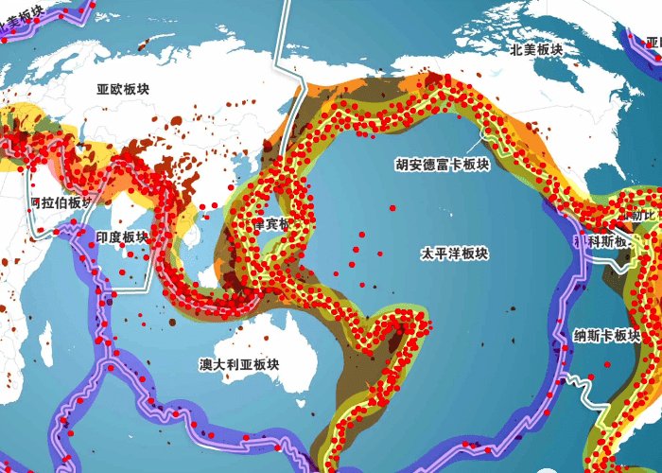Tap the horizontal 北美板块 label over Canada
click(x=536, y=50)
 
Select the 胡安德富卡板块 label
click(x=442, y=164)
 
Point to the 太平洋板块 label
click(x=455, y=254)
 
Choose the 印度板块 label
click(x=123, y=237)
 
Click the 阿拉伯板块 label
click(x=61, y=202)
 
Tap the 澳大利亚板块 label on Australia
click(x=244, y=363)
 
